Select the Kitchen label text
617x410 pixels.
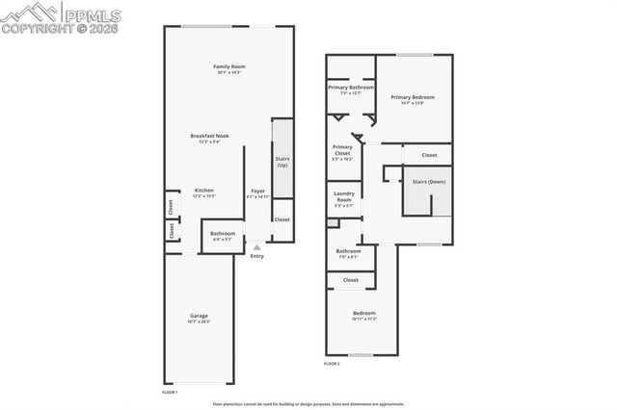pos(204,192)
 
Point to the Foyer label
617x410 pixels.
pos(257,192)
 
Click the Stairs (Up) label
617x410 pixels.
pos(282,163)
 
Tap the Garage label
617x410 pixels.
pos(199,318)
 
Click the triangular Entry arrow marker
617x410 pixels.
pos(256,246)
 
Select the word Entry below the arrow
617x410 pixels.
pos(256,256)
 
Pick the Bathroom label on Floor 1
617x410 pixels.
pos(223,235)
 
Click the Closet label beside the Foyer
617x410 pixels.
pos(282,219)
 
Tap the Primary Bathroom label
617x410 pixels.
pos(350,90)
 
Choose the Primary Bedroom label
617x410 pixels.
pos(413,98)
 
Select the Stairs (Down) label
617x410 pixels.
pos(428,181)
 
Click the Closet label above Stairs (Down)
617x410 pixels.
pos(429,155)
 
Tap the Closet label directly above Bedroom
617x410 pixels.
pos(350,280)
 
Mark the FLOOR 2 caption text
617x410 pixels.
pos(333,364)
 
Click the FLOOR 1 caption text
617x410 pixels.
pos(170,392)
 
